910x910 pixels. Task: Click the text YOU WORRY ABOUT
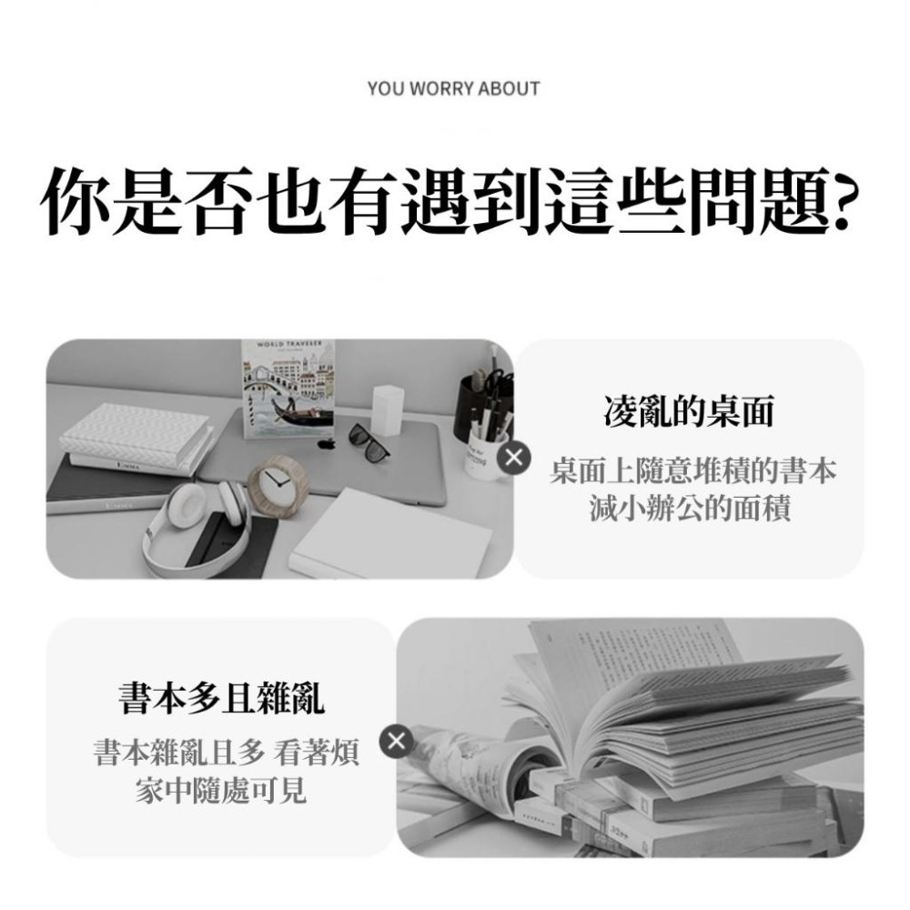(x=453, y=88)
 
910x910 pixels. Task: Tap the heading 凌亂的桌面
(x=689, y=412)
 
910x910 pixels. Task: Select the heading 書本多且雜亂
(x=221, y=698)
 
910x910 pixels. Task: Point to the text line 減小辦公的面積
(x=689, y=508)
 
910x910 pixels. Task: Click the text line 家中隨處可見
(x=220, y=791)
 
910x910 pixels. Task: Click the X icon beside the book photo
(x=395, y=742)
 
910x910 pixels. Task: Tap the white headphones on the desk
(x=196, y=519)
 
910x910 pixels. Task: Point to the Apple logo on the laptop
(x=328, y=443)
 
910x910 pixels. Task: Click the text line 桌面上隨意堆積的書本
(x=689, y=473)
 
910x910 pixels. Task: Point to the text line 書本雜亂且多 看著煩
(x=226, y=754)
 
